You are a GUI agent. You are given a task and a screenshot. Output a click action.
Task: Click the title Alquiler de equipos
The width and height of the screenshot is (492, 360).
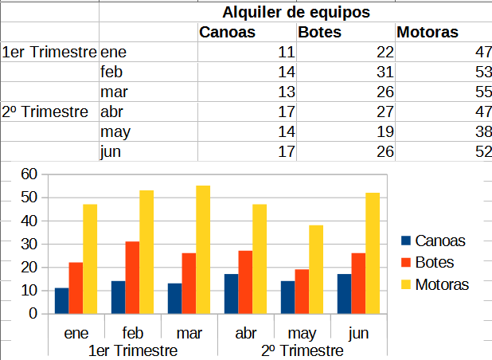(296, 13)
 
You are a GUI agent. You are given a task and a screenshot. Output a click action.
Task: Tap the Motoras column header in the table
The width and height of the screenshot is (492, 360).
(428, 33)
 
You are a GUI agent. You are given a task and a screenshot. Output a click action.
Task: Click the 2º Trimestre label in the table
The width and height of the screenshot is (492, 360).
(45, 112)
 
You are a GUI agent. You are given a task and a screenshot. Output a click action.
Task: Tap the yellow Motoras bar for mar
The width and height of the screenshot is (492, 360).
(203, 249)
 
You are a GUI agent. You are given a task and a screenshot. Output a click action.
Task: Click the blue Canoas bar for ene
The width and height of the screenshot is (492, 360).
(61, 300)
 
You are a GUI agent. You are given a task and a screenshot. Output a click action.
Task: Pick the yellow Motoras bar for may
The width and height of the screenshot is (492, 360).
(316, 269)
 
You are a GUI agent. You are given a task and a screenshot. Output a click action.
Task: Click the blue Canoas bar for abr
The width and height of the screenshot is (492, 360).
(231, 293)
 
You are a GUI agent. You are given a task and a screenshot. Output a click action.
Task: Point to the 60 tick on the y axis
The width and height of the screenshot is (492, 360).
(29, 174)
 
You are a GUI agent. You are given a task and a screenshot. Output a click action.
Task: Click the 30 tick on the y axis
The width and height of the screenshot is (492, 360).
(29, 244)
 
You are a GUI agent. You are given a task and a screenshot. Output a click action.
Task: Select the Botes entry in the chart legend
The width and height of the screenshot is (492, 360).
(433, 262)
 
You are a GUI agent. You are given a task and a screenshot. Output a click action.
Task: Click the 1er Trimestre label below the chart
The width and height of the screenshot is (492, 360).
(132, 350)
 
